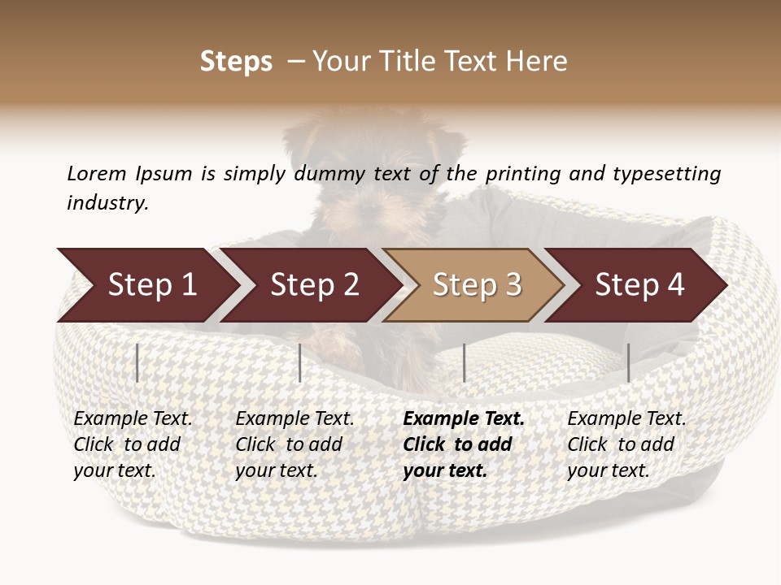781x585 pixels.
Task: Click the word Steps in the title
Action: (236, 62)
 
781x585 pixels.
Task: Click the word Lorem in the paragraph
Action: (96, 174)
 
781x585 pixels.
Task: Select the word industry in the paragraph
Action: (107, 203)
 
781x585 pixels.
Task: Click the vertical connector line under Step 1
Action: (137, 362)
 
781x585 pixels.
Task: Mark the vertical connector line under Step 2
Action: (300, 362)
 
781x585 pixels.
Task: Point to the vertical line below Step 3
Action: (464, 362)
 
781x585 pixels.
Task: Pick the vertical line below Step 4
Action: (629, 362)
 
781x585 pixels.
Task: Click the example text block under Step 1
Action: (133, 444)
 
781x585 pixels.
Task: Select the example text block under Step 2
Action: (295, 444)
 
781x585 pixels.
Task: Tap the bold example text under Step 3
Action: (464, 444)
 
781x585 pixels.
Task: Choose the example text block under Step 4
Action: (626, 444)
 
